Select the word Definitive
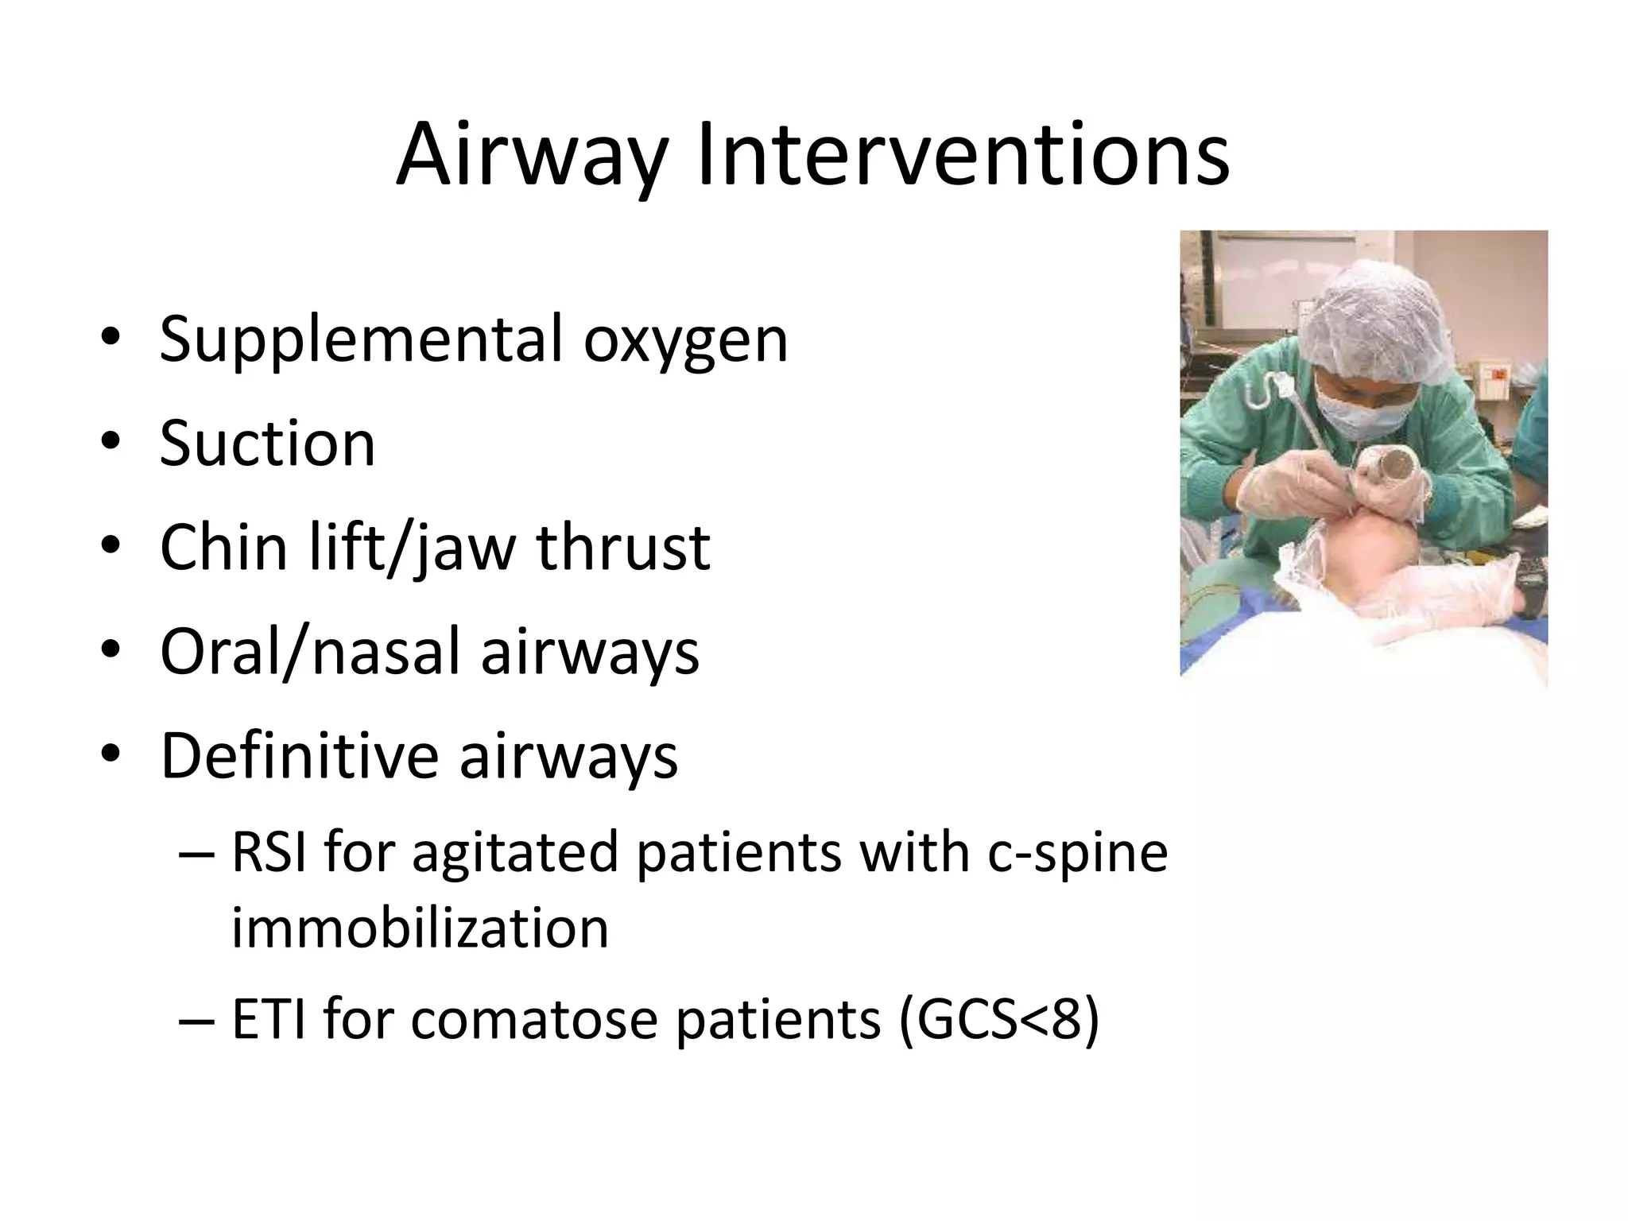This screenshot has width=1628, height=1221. tap(299, 756)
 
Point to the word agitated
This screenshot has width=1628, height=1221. tap(514, 855)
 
